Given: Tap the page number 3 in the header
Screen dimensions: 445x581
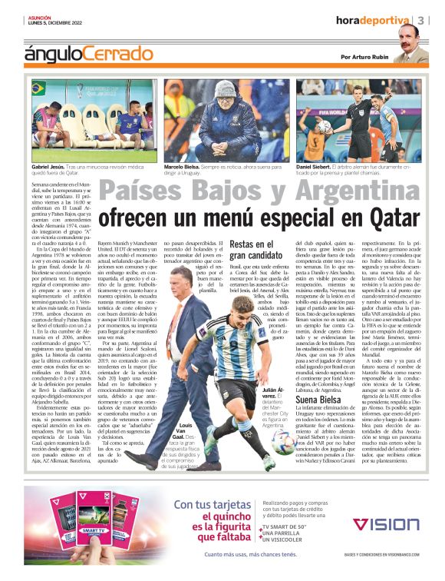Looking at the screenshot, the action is point(423,20).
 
